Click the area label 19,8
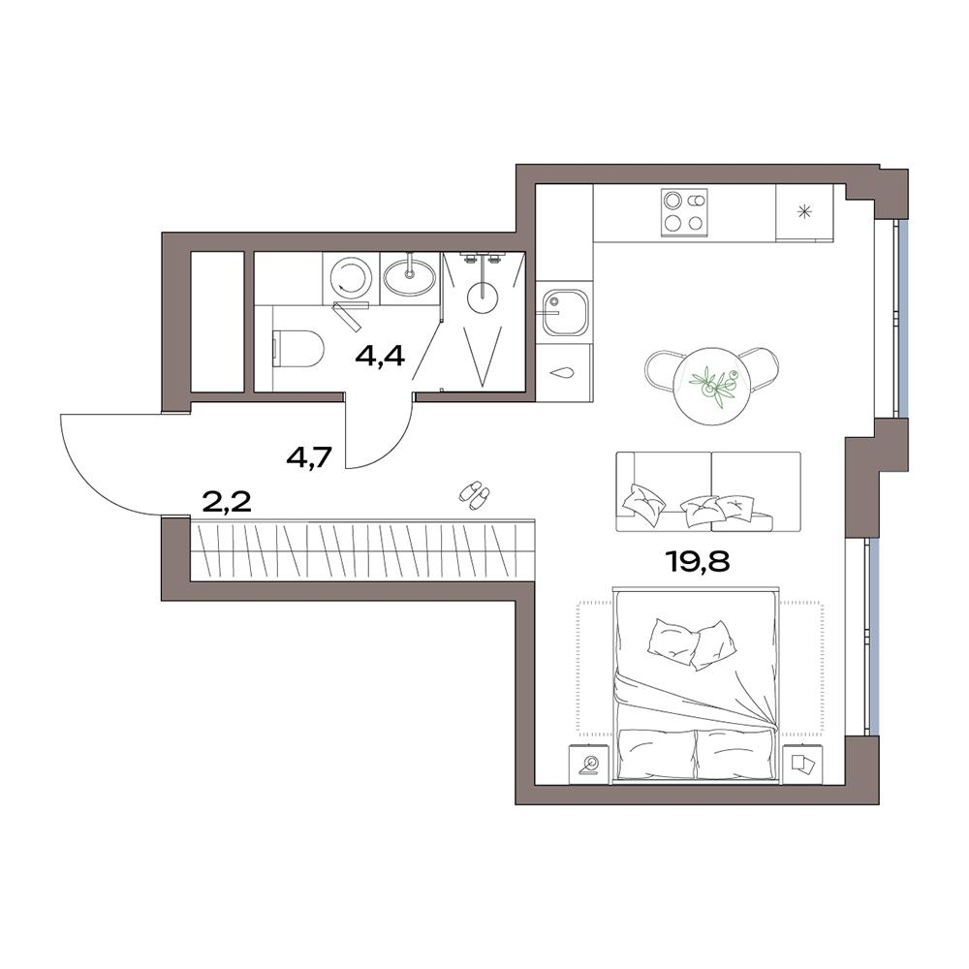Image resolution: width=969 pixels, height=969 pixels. [x=698, y=562]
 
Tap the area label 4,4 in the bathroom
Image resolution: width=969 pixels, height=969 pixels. [x=380, y=356]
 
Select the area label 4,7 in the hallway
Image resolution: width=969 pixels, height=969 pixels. [x=310, y=458]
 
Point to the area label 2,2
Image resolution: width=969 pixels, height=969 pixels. [x=227, y=503]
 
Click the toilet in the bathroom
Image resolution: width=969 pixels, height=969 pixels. [x=297, y=347]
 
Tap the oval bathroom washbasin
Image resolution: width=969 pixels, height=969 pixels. [x=409, y=276]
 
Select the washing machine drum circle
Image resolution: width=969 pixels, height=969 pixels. [x=349, y=276]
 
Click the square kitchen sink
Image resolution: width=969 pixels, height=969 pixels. [x=563, y=312]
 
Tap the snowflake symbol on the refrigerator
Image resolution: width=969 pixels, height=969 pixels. [x=804, y=213]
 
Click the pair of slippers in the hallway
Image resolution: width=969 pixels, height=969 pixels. [x=475, y=495]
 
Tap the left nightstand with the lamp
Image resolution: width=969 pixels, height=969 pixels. [x=589, y=764]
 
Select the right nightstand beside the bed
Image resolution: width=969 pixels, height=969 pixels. [x=802, y=764]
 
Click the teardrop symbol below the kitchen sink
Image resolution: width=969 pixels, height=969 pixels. [x=563, y=373]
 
